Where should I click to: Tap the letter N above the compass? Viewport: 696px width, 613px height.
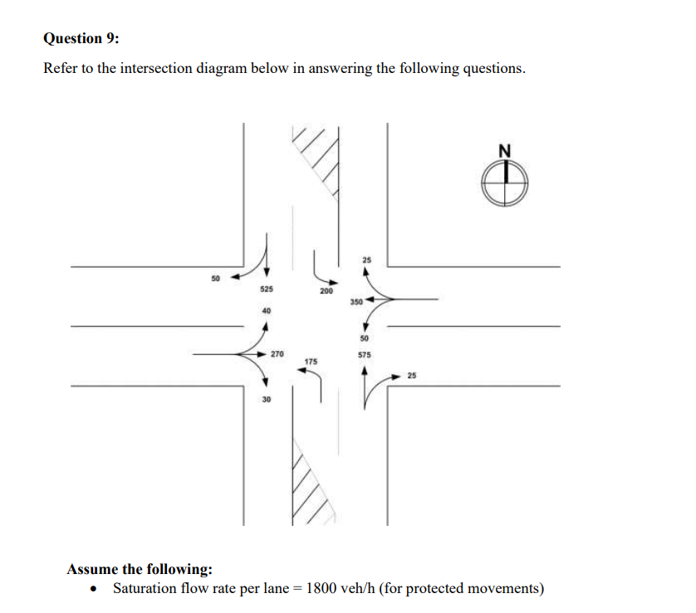coord(505,150)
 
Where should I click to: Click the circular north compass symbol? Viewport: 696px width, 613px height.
coord(505,182)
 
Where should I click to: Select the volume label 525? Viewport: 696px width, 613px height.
coord(266,289)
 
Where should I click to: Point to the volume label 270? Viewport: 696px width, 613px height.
coord(277,353)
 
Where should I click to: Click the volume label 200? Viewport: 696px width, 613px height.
coord(326,292)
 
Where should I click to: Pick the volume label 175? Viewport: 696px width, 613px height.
coord(311,362)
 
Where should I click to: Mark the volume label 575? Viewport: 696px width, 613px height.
coord(364,354)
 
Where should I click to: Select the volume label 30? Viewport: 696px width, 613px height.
coord(266,399)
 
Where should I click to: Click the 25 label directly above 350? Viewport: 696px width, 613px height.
coord(366,261)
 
